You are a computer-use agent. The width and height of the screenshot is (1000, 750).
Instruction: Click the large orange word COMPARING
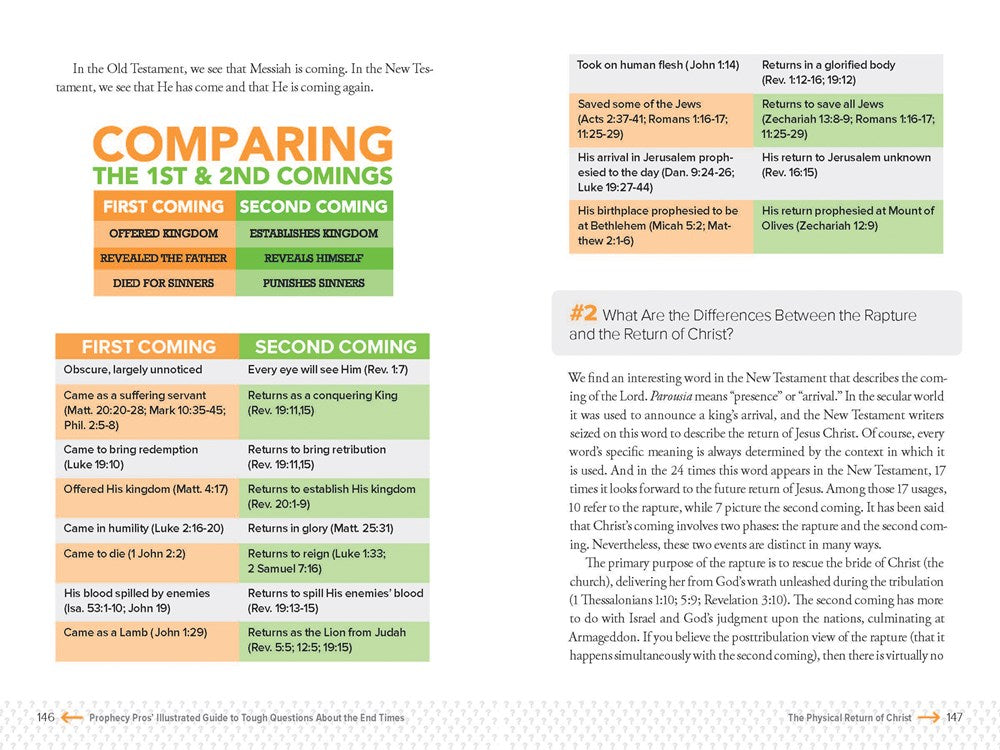(243, 145)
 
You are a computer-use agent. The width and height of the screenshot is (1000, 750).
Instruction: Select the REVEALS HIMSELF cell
(313, 258)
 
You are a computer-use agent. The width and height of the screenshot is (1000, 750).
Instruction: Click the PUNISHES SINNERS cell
(313, 283)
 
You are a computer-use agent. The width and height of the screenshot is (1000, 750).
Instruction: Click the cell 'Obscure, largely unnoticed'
(146, 370)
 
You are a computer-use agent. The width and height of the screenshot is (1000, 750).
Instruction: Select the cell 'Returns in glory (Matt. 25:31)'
(334, 528)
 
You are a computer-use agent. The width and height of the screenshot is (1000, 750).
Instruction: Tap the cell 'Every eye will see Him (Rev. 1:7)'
(334, 370)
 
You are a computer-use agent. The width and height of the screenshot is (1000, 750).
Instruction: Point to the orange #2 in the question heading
(583, 314)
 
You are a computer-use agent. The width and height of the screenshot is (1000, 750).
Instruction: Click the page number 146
(46, 718)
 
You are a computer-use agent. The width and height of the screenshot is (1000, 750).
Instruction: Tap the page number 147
(954, 718)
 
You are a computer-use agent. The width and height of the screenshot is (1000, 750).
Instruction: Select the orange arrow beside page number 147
(929, 717)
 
